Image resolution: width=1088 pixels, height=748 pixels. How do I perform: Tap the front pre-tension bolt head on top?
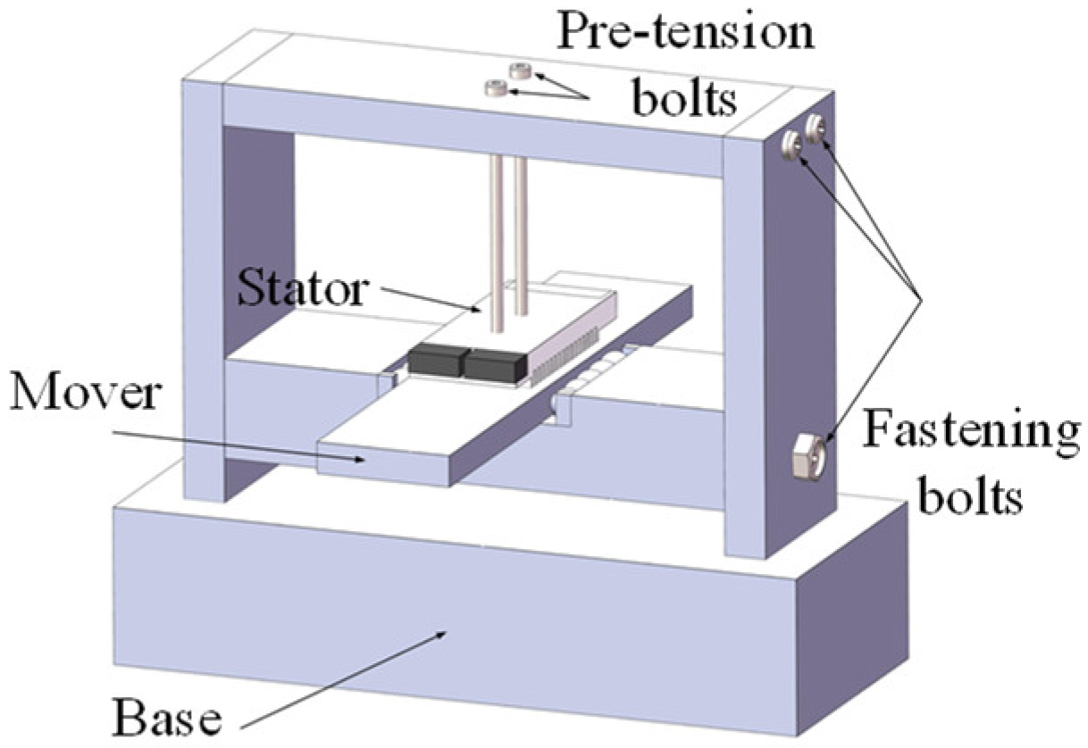tap(496, 87)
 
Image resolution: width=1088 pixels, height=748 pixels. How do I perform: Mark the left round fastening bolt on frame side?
tap(791, 145)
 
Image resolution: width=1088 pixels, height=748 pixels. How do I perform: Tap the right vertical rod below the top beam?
tap(521, 241)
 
